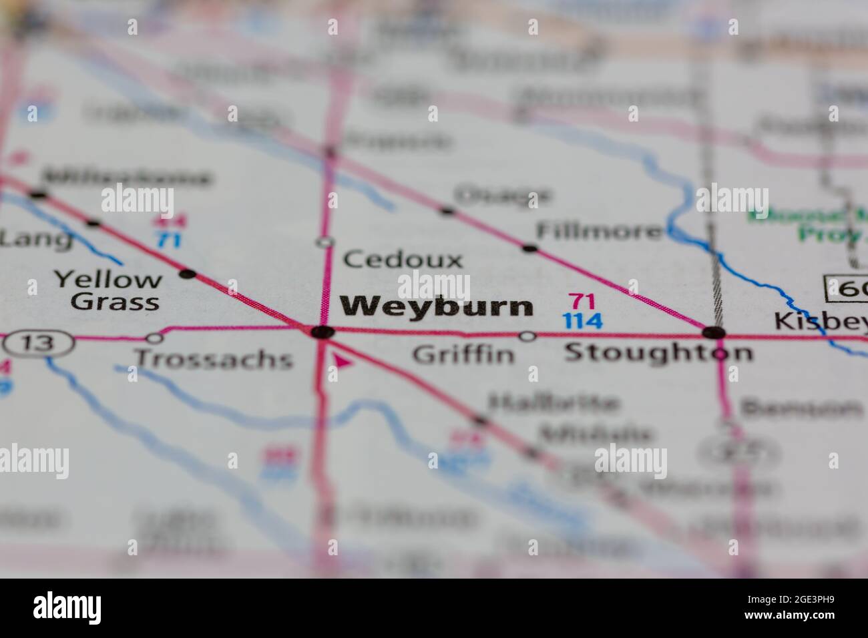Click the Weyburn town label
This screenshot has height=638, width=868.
(x=437, y=306)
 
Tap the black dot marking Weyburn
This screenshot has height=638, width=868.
(x=322, y=332)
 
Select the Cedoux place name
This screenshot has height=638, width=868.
(x=403, y=260)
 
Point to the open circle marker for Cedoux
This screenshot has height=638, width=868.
(x=325, y=242)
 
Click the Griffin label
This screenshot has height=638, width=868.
(x=463, y=354)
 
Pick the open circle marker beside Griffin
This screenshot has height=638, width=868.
(x=527, y=336)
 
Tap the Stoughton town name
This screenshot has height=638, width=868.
(x=658, y=352)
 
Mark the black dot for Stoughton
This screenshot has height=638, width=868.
(x=714, y=332)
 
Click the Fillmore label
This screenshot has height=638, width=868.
(x=599, y=232)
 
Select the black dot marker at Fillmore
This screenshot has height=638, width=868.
(x=529, y=248)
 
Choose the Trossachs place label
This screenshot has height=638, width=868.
(x=214, y=359)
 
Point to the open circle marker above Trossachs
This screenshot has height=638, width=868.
(x=154, y=338)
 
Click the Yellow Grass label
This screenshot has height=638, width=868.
(x=107, y=290)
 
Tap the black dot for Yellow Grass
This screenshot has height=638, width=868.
(x=188, y=274)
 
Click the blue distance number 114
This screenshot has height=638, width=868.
(x=582, y=322)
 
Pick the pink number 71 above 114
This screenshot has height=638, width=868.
(x=582, y=301)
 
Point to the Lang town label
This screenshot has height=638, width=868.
(x=37, y=239)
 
